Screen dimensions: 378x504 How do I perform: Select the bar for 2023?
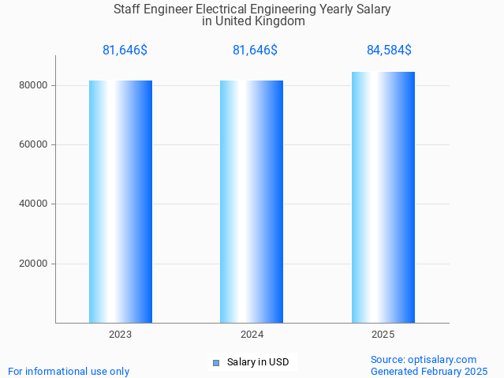[x=121, y=201]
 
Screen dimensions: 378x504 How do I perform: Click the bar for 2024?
[x=252, y=201]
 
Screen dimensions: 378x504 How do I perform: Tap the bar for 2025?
[x=383, y=197]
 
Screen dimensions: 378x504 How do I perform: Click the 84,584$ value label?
[x=389, y=51]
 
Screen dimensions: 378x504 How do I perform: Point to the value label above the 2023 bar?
[x=125, y=51]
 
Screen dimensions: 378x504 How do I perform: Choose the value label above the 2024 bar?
[x=255, y=51]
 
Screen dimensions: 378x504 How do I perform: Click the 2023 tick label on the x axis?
[x=121, y=335]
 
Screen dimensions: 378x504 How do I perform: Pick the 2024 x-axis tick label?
[x=252, y=335]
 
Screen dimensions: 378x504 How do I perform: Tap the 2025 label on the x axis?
[x=383, y=335]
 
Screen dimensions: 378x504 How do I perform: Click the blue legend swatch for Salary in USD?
[x=215, y=363]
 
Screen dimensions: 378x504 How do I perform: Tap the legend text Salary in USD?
[x=258, y=363]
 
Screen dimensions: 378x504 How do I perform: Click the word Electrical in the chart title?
[x=222, y=9]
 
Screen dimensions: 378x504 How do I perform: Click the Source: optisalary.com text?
[x=424, y=360]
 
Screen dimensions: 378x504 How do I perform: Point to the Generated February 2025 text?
[x=429, y=371]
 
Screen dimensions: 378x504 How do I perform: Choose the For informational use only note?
[x=69, y=371]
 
